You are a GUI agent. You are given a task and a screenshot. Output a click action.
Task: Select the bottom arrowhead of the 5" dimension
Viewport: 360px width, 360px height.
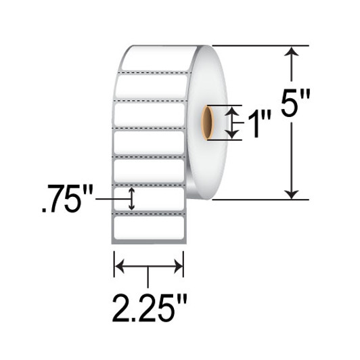292,194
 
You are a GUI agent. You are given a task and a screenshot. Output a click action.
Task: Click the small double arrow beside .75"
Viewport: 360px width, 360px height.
132,198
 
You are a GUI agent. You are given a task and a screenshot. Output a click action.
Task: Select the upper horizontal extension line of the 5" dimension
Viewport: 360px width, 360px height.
257,45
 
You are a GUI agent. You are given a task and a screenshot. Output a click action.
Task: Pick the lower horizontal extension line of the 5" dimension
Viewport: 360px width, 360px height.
257,200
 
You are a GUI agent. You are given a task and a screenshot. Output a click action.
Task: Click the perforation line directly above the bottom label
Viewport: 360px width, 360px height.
150,212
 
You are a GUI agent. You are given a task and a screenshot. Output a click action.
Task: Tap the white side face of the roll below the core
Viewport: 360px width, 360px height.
203,169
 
